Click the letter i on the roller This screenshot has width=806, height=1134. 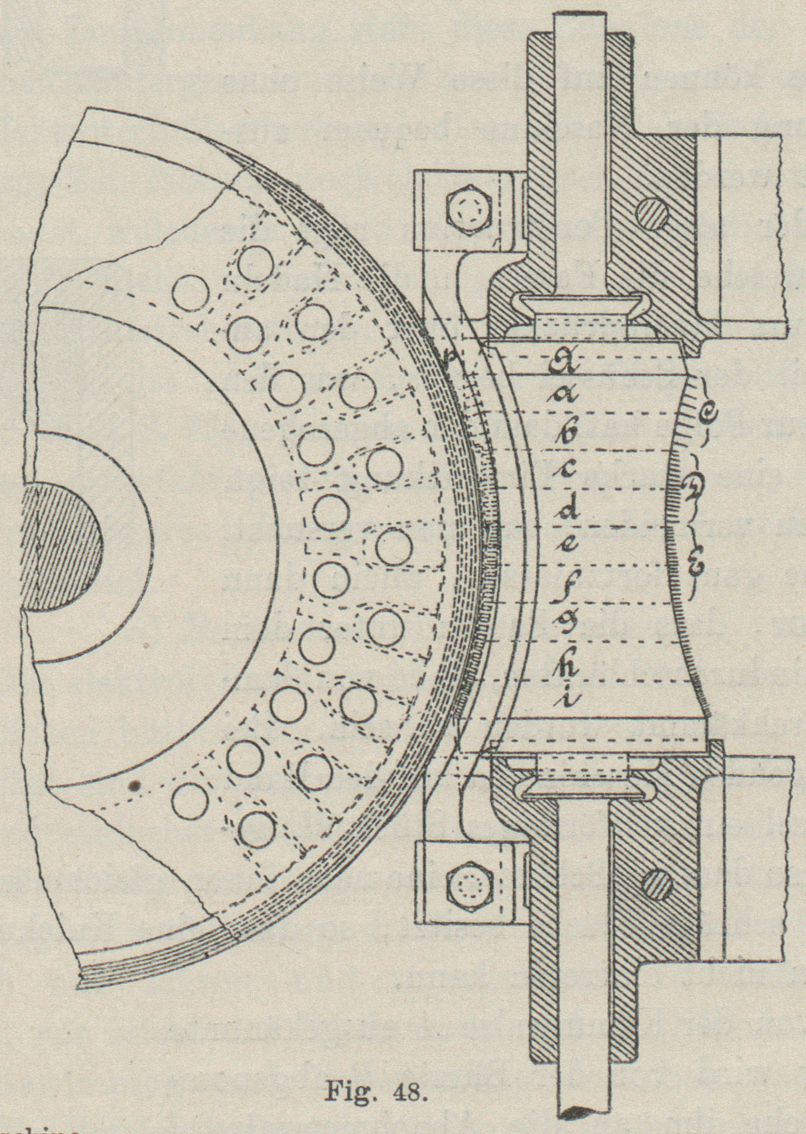point(568,699)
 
